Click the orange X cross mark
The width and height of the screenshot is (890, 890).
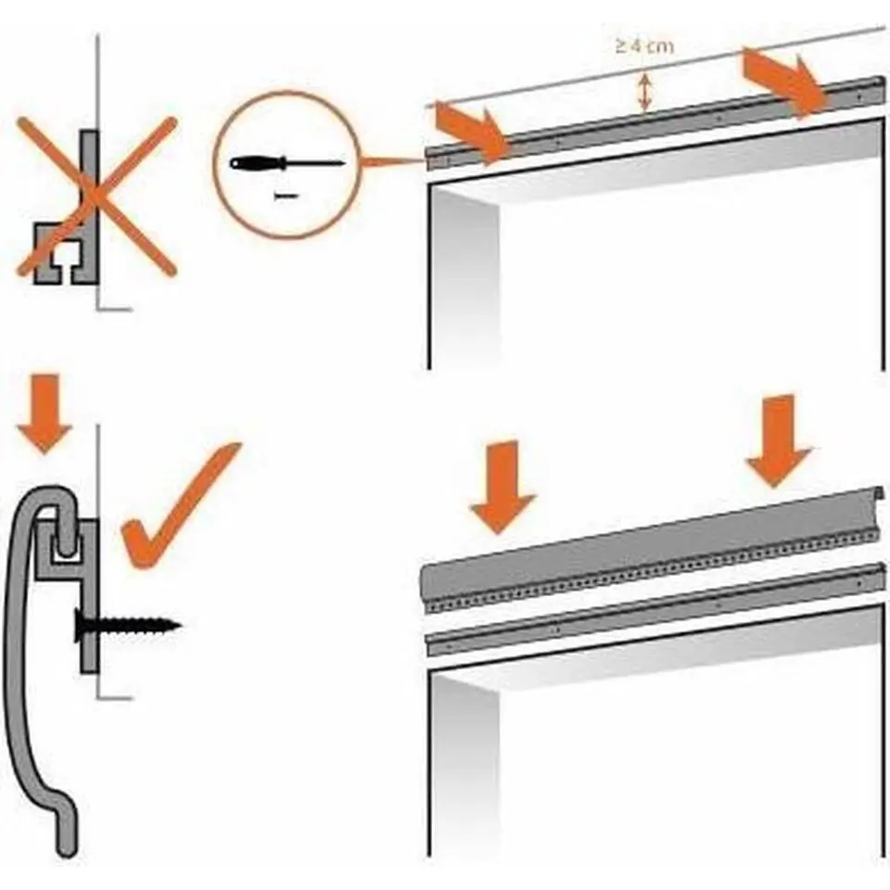[x=95, y=197]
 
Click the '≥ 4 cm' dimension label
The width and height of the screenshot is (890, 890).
[x=643, y=46]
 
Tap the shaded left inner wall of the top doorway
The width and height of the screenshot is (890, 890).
[x=464, y=278]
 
